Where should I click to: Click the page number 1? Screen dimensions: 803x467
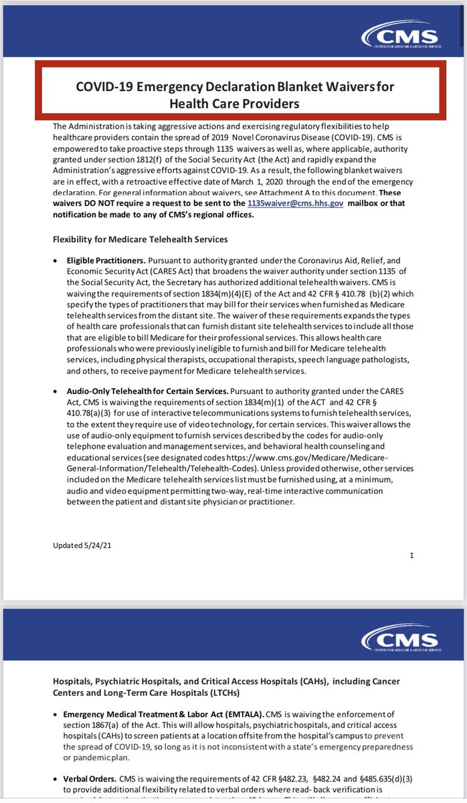[x=411, y=555]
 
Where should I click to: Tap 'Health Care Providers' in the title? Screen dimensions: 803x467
[x=234, y=104]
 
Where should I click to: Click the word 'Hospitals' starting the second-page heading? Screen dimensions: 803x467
[x=75, y=681]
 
